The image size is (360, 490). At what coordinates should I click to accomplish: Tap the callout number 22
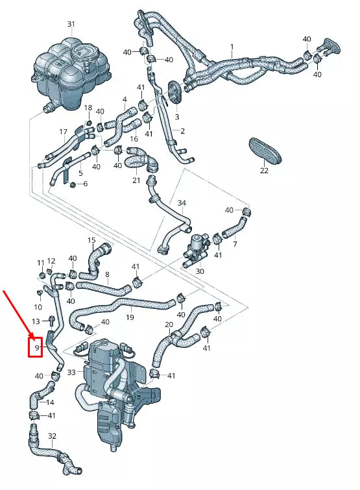coord(264,171)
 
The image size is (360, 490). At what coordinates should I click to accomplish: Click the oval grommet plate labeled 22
coord(266,150)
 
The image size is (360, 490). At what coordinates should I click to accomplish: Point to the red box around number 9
coord(38,347)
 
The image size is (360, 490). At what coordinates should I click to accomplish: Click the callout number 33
coord(71,373)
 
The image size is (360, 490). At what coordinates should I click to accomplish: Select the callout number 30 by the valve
coord(199,271)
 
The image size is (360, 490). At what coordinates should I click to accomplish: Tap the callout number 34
coord(182,203)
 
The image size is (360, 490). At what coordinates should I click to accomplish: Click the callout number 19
coord(130,317)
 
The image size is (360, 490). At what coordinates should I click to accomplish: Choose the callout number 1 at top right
coord(231,47)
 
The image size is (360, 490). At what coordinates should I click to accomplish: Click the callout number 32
coord(53,435)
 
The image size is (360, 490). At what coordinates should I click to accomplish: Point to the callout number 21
coord(136,180)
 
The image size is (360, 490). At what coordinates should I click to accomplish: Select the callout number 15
coord(91,240)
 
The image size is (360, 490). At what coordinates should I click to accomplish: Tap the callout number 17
coord(64,132)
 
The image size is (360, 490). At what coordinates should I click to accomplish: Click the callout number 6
coord(85,184)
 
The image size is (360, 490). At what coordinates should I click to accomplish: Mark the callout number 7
coord(235,245)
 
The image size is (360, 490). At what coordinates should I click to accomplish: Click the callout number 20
coord(169,324)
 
